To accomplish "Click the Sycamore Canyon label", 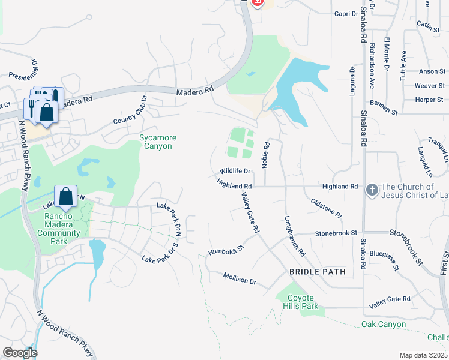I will coord(156,142).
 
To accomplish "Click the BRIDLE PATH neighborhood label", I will coord(318,272).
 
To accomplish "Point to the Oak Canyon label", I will coord(384,325).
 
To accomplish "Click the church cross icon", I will coord(372,190).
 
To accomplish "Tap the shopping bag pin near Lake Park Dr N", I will coord(65,196).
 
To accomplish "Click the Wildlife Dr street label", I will coord(234,172).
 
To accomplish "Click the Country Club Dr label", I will coord(130,110).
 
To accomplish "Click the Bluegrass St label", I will coord(384,261).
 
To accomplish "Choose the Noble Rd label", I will coord(265,155).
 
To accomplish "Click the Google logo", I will coord(20,353).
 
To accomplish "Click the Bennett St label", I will coord(384,108).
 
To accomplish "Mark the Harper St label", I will coord(429,100).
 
